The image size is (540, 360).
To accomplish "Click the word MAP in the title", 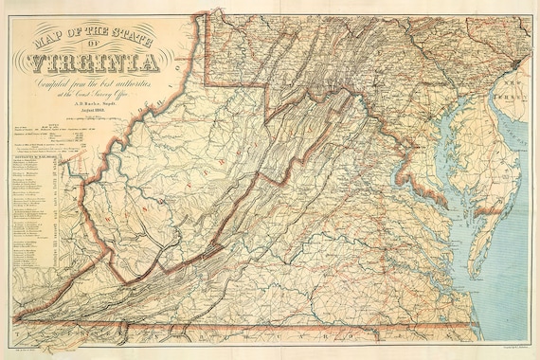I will click(51, 41).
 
